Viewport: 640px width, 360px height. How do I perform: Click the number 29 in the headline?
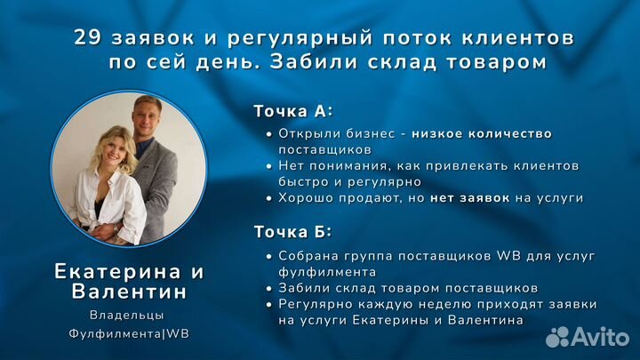(86, 38)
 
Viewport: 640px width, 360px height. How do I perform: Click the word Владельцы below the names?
(127, 315)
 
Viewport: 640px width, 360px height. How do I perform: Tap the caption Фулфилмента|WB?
(129, 334)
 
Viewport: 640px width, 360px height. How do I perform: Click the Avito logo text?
(599, 336)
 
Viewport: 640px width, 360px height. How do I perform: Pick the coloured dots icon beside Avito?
(557, 336)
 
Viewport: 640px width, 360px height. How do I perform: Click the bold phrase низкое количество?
(481, 134)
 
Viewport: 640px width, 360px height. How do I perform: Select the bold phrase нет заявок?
(469, 197)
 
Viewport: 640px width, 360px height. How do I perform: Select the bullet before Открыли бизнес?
(269, 134)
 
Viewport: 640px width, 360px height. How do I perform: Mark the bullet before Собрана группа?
(269, 256)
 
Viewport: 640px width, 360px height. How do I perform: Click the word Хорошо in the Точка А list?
(304, 197)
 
